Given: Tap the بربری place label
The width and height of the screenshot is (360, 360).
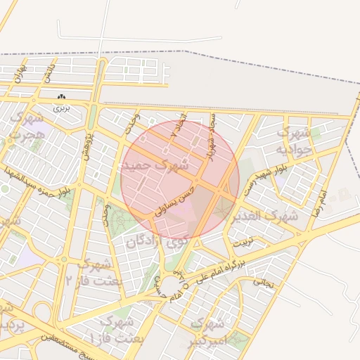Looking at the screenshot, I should coord(63,109).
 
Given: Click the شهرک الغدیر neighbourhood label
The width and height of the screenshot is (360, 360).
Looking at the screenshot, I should coord(268,215).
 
